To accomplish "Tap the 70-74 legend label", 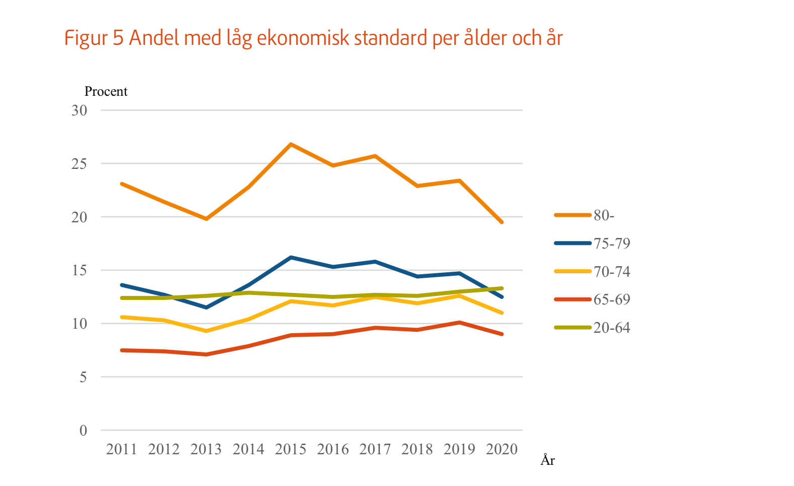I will coord(611,272).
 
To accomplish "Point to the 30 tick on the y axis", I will coord(79,110).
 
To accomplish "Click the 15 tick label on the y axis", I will coord(79,271).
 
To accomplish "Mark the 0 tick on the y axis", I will coord(83,431).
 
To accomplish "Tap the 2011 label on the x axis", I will coord(121,449).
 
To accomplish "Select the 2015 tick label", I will coord(291,449).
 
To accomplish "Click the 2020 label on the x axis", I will coord(501,449).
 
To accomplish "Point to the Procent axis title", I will coord(106,91).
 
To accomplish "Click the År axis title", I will coord(548,460).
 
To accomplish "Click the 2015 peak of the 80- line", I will coord(291,144).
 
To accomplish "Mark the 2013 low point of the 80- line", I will coord(206,219).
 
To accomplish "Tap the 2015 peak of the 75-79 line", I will coord(291,257).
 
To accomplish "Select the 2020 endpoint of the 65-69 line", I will coord(502,334).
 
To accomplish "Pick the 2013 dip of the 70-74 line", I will coord(206,331).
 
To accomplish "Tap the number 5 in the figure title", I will coord(118,38).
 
